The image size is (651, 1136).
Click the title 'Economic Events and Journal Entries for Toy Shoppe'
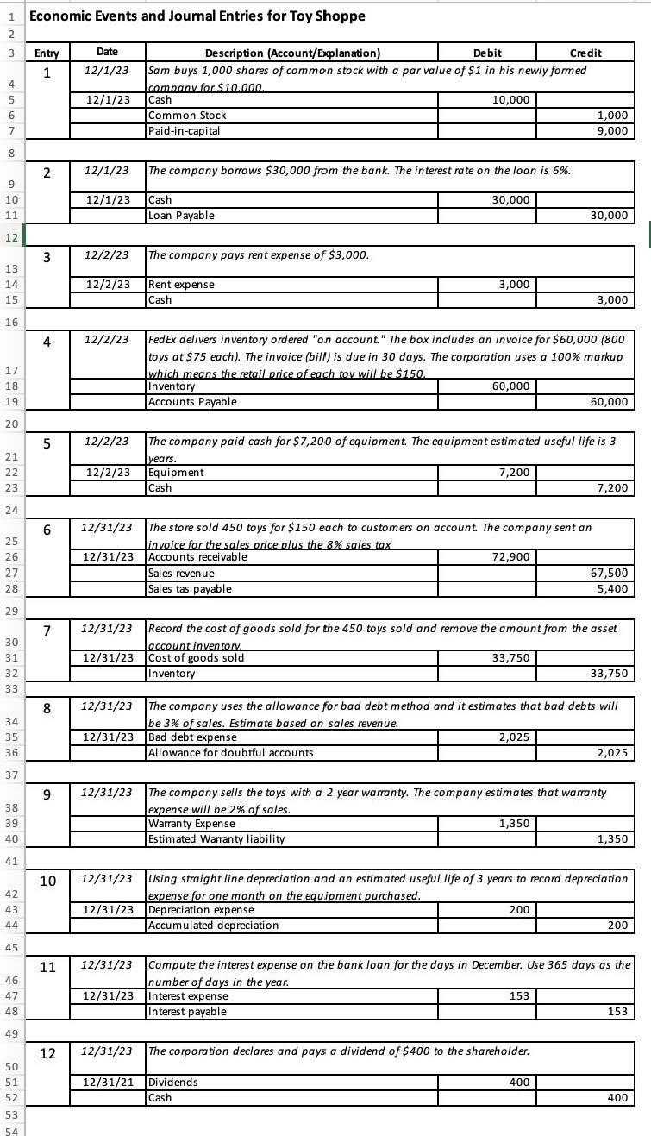pos(197,16)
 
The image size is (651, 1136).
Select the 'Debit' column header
pos(488,53)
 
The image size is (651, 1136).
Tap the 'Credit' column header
pos(585,53)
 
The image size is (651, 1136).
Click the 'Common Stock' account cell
pos(188,115)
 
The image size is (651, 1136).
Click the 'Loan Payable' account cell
pos(182,215)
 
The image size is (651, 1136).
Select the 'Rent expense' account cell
pos(182,284)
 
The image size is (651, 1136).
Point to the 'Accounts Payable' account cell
pos(192,401)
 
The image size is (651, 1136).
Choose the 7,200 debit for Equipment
pos(516,472)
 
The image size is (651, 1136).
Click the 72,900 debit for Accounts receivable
pos(514,556)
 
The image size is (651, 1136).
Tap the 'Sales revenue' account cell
pos(182,573)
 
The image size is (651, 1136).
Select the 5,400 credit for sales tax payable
pos(614,588)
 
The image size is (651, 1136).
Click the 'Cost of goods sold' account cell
pos(197,657)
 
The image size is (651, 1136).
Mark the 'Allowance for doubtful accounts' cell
pos(231,752)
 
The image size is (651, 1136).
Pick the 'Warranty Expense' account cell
pos(191,823)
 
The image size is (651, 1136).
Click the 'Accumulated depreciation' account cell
pos(214,925)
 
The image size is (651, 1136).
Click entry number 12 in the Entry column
pos(49,1053)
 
